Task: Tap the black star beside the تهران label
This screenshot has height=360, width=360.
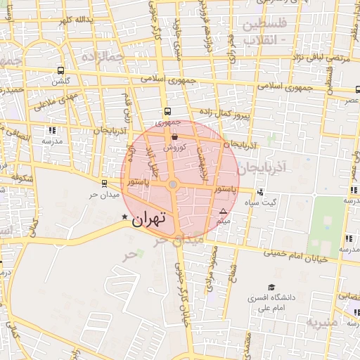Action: pyautogui.click(x=125, y=217)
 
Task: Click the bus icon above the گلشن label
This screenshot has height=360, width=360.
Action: pyautogui.click(x=61, y=70)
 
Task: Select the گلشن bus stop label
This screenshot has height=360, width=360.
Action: pyautogui.click(x=63, y=81)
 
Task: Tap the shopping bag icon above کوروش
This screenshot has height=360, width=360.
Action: pyautogui.click(x=174, y=138)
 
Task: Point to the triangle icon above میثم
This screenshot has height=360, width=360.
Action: pyautogui.click(x=224, y=211)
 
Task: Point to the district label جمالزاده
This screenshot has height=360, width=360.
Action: pyautogui.click(x=102, y=56)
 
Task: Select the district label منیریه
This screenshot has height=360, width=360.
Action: pyautogui.click(x=321, y=322)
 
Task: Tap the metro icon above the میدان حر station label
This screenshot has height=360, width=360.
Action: pyautogui.click(x=105, y=184)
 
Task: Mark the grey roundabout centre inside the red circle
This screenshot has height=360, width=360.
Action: pyautogui.click(x=173, y=184)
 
